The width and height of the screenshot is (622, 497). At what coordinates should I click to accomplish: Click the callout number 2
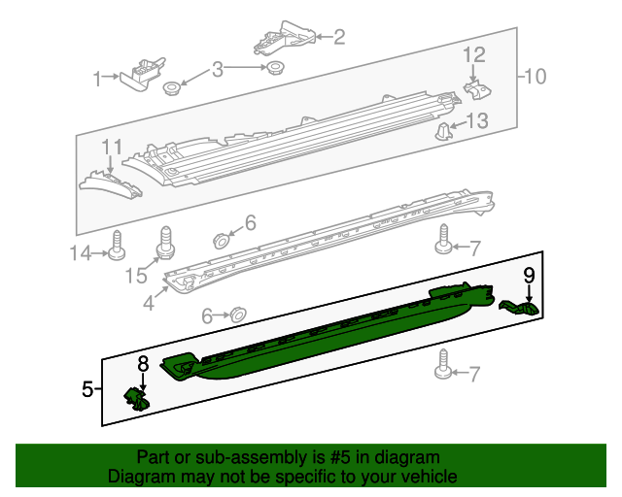(339, 37)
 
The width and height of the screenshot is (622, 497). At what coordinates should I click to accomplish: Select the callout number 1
(97, 79)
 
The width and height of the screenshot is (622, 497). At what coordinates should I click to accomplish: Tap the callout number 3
(218, 69)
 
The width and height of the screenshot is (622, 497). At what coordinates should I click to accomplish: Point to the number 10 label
(536, 76)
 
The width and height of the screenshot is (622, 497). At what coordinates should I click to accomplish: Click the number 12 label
(473, 54)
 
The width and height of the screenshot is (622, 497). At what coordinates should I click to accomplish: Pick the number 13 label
(477, 120)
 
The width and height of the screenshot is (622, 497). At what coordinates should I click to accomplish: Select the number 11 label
(112, 147)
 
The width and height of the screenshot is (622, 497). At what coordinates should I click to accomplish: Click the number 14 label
(81, 252)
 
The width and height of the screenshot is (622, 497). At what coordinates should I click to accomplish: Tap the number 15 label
(136, 276)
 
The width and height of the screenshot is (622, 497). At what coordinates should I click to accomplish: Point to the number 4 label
(149, 303)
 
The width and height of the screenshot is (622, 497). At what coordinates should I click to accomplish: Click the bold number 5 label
(87, 389)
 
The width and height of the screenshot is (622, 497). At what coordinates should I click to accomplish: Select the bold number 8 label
(143, 363)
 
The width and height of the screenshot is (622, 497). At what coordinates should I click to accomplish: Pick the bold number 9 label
(529, 276)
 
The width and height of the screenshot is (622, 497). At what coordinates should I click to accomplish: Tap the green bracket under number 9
(519, 308)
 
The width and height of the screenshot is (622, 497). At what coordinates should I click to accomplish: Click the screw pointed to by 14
(117, 245)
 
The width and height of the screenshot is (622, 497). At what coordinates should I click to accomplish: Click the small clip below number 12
(477, 90)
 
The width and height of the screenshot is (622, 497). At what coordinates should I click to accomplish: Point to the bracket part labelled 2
(285, 38)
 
